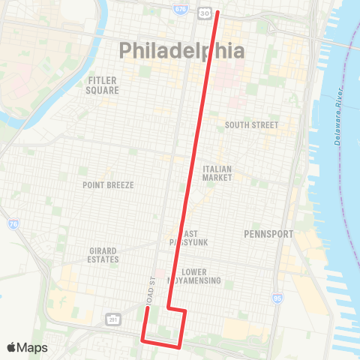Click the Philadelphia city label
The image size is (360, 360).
pyautogui.click(x=182, y=51)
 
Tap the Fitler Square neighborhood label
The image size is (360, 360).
pyautogui.click(x=103, y=85)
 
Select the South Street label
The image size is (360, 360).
pyautogui.click(x=252, y=125)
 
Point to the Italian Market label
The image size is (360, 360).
pyautogui.click(x=217, y=173)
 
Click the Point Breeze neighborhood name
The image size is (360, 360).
pyautogui.click(x=108, y=184)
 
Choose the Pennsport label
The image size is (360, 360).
pyautogui.click(x=268, y=234)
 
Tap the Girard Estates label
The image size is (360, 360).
pyautogui.click(x=103, y=254)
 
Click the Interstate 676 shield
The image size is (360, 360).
pyautogui.click(x=180, y=8)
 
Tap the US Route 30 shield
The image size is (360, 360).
pyautogui.click(x=204, y=13)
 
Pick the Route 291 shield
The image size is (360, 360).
pyautogui.click(x=112, y=319)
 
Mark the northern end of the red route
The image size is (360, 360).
pyautogui.click(x=217, y=12)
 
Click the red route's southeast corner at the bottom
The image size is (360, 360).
pyautogui.click(x=179, y=346)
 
